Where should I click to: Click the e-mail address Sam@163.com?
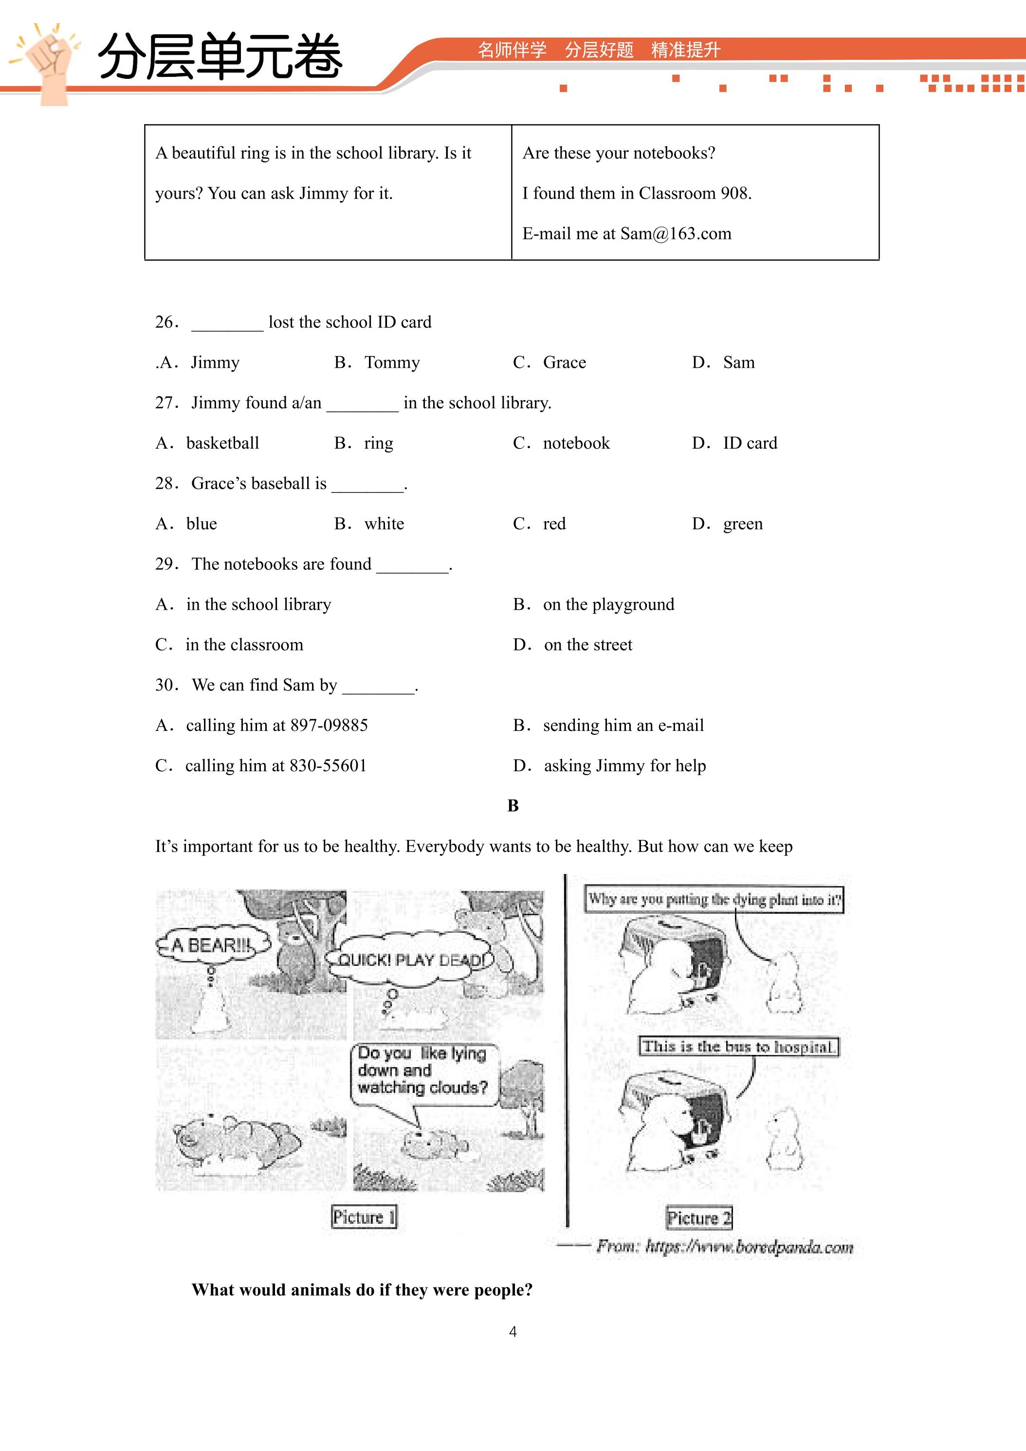tap(675, 234)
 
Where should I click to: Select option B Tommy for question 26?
tap(377, 363)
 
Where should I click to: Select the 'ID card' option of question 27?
tap(734, 443)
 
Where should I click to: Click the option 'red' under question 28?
tap(539, 524)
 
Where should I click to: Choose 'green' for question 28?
tap(727, 525)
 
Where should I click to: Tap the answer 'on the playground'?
tap(594, 605)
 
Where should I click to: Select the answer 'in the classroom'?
tap(229, 645)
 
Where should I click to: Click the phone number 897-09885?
tap(329, 725)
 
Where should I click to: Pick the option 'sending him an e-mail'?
tap(608, 726)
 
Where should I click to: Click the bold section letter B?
tap(513, 806)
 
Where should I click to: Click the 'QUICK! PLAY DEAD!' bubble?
tap(411, 960)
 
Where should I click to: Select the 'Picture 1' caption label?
tap(364, 1217)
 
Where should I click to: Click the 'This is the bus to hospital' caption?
tap(738, 1047)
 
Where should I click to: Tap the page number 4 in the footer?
tap(513, 1332)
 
